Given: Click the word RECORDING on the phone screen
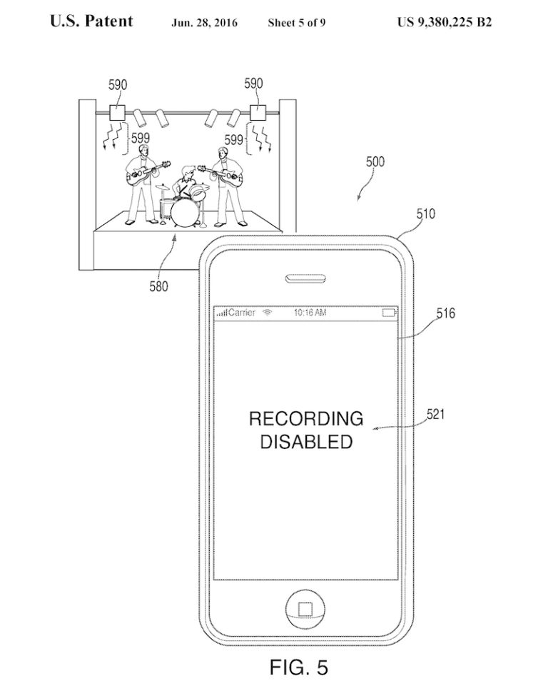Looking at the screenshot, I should pos(305,419).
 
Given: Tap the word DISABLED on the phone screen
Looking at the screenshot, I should pos(305,442).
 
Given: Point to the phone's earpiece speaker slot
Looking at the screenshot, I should pos(305,277).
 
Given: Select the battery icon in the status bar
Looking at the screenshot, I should pos(389,313).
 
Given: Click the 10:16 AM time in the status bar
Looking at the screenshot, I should pos(310,313).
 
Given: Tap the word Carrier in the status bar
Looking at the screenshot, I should pos(242,313).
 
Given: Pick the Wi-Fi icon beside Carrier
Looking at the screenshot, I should pos(268,313).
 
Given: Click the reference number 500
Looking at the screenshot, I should pos(375,162).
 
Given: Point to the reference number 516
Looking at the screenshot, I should pos(445,313).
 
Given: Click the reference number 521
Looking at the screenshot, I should pos(436,414).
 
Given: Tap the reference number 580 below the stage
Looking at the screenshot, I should pos(158,286).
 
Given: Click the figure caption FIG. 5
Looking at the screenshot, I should pos(299,668).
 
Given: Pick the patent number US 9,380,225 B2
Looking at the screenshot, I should pos(444,22).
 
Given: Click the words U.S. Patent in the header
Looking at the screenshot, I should pos(91,21).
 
